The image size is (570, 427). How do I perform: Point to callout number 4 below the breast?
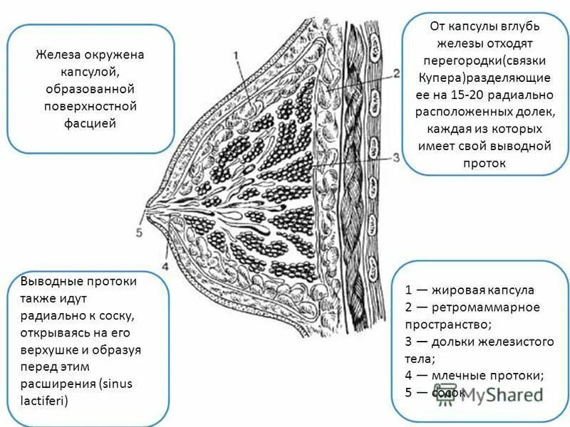[165, 267]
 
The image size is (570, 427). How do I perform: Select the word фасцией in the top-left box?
[90, 123]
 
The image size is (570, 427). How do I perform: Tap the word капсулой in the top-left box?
[90, 72]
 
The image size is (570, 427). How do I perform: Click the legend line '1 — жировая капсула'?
[470, 290]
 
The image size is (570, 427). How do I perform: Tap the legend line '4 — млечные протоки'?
[475, 375]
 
